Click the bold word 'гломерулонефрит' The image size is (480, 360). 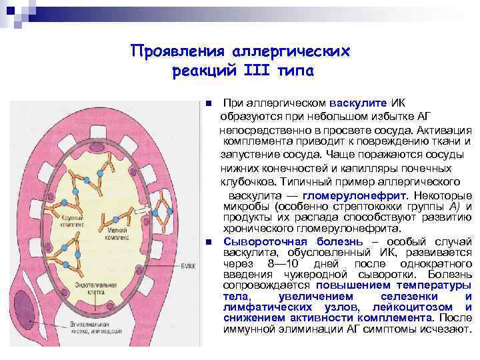(x=355, y=196)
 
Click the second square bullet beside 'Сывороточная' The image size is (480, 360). (x=209, y=241)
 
